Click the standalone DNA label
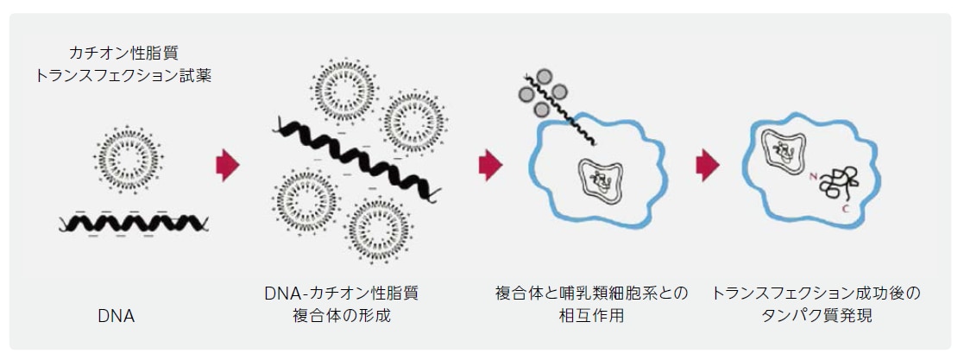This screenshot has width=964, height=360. [x=116, y=316]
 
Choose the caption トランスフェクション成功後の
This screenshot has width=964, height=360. [x=816, y=294]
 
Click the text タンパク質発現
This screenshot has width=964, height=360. [x=816, y=316]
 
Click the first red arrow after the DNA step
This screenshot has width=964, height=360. [x=227, y=165]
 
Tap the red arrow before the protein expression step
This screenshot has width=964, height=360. [x=708, y=165]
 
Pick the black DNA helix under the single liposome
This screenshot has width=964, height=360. [x=133, y=223]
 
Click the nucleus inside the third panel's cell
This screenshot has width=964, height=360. [x=600, y=180]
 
